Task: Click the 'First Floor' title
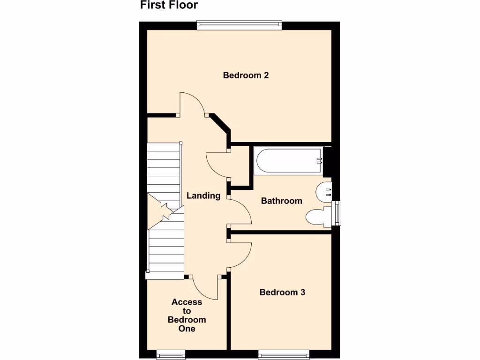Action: (169, 6)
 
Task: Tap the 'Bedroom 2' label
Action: (246, 75)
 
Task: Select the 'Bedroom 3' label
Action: (282, 292)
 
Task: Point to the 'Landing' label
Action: (203, 195)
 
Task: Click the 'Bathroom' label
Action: (281, 201)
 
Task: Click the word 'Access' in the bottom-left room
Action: (187, 302)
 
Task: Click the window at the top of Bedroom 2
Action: (239, 25)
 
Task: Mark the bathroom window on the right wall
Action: (337, 213)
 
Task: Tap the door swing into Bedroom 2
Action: (192, 104)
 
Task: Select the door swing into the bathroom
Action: (240, 211)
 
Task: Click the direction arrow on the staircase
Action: (165, 210)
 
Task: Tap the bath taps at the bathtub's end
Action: (319, 160)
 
